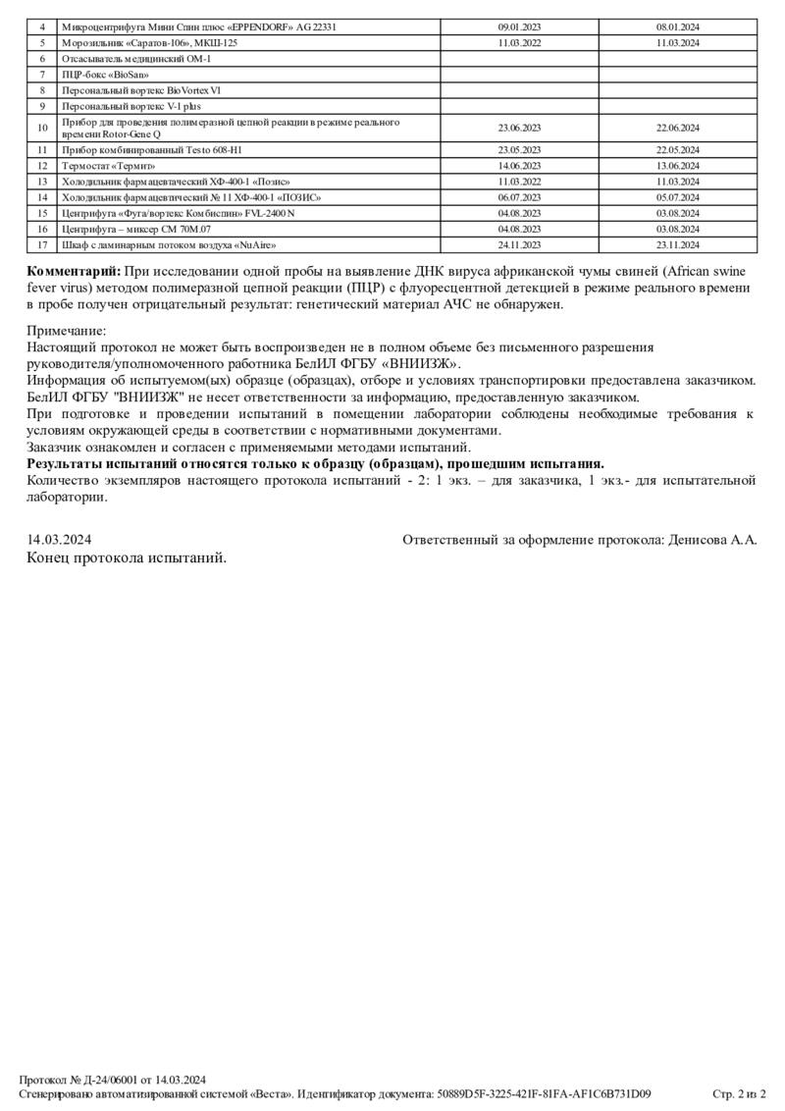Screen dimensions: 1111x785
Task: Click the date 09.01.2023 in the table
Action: (519, 27)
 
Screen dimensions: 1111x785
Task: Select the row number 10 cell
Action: (42, 128)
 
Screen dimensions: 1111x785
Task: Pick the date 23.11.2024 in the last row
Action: (677, 243)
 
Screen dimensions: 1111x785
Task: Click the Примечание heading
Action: (66, 332)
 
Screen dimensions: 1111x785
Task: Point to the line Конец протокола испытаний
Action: (127, 557)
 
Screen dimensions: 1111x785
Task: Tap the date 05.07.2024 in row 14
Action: (677, 197)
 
